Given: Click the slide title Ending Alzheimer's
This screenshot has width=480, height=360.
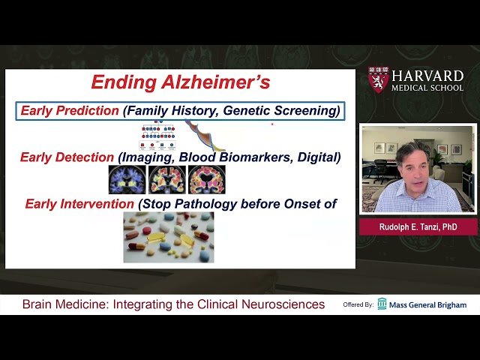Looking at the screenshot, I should coord(180,82).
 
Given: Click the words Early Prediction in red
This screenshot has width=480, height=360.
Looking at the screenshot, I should coord(70,111).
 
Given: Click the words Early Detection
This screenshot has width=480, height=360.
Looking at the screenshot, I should coord(67,157).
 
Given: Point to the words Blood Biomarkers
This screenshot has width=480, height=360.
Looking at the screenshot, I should coord(244,157).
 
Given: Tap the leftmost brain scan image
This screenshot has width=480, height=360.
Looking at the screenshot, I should coord(127,180).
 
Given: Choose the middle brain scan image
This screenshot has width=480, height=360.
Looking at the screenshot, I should coord(166,180).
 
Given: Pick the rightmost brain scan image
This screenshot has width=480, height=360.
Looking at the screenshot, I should coord(206,180).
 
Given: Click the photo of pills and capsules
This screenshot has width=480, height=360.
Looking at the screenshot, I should coord(168,236).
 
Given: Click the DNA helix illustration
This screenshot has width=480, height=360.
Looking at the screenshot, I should coord(199,135).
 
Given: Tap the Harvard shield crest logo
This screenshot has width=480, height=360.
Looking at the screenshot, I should coord(377,80).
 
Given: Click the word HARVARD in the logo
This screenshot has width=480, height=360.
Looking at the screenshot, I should coord(427,76).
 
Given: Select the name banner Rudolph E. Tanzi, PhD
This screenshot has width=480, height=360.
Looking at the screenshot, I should coord(418,226).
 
